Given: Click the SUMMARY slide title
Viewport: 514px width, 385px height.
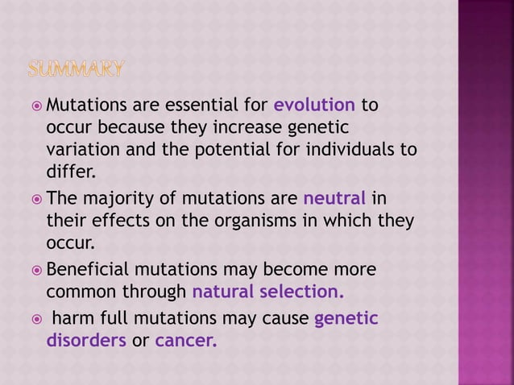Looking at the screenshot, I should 77,70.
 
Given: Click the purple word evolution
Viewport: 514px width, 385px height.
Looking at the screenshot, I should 314,106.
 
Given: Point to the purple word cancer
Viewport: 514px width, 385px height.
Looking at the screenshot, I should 185,340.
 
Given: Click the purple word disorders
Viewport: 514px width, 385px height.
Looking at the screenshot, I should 86,340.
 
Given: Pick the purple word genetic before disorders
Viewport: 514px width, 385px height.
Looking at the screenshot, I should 346,318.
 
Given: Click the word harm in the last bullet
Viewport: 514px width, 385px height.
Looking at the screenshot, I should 70,318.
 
